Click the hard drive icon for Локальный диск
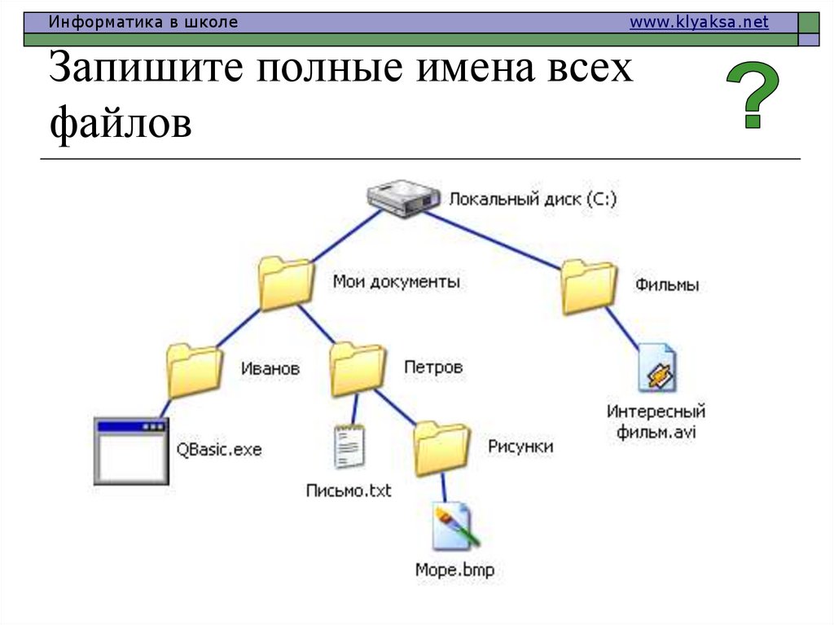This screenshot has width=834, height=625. [x=402, y=199]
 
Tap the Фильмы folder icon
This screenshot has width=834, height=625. [x=589, y=286]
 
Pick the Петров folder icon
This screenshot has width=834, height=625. [x=358, y=368]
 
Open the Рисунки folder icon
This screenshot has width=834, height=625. [x=441, y=448]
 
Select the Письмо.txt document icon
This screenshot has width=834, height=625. [x=349, y=447]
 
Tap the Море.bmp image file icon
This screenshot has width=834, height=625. [x=454, y=528]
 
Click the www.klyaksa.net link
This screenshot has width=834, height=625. [x=699, y=23]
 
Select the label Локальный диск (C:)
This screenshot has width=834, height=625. [x=533, y=199]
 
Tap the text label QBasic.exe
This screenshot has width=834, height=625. [x=219, y=449]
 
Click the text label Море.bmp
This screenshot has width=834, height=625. [x=454, y=570]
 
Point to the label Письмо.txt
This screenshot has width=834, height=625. [x=349, y=491]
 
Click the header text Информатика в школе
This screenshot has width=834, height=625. [x=143, y=23]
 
